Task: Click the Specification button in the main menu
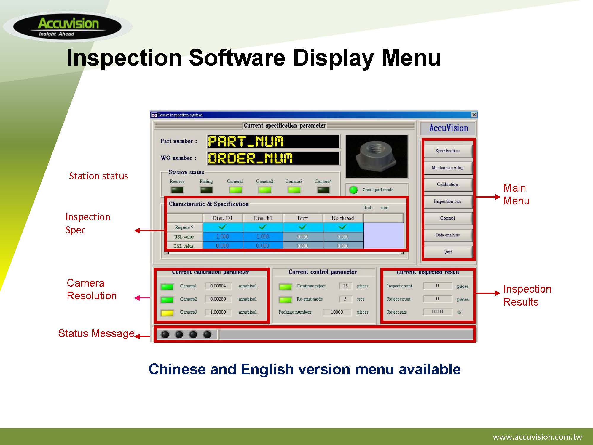pos(447,151)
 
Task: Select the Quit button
pos(447,252)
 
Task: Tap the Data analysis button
pos(447,235)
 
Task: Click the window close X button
pos(474,115)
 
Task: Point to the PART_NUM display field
pos(273,142)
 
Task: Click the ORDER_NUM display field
pos(273,158)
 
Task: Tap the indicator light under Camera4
pos(323,190)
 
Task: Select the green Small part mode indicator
pos(353,190)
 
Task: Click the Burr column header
pos(303,218)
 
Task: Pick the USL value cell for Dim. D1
pos(223,236)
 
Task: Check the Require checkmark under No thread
pos(343,227)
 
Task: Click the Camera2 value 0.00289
pos(218,299)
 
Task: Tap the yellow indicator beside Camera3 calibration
pos(167,313)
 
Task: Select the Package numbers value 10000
pos(337,312)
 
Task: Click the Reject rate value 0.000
pos(438,312)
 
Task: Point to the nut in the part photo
pos(376,155)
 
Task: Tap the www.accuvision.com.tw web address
pos(537,437)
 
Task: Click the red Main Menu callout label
pos(516,195)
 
